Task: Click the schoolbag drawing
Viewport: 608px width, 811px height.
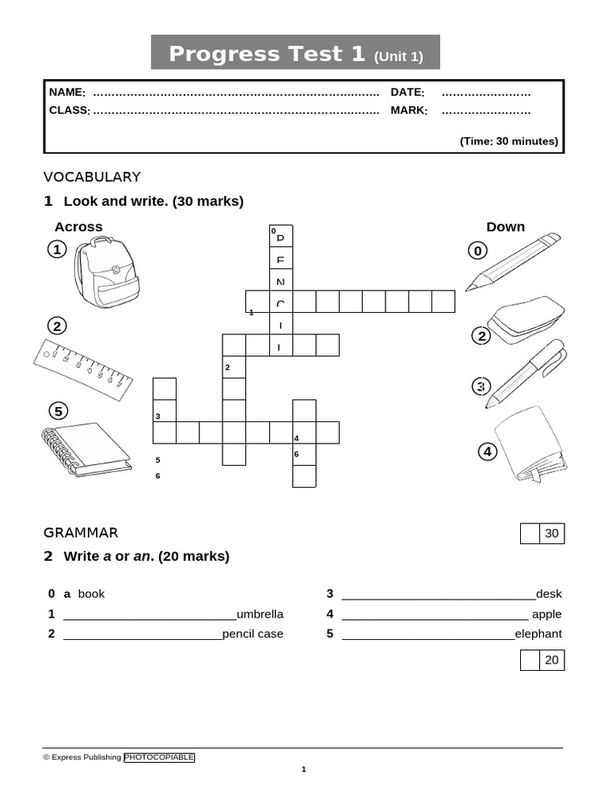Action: pos(106,273)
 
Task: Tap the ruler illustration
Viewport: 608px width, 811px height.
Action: pos(82,364)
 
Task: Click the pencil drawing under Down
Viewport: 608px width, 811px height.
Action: pos(512,262)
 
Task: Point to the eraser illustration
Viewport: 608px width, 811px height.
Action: pos(526,320)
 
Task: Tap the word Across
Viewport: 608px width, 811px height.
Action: pos(78,227)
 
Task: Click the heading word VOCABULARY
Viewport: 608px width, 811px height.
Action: pos(92,177)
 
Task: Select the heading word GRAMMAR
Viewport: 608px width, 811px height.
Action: pos(81,533)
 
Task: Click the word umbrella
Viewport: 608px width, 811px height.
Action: pos(260,614)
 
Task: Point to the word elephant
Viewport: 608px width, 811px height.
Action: pos(538,634)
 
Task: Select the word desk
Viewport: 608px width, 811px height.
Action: pos(549,594)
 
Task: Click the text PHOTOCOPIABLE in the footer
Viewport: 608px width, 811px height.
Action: pos(159,757)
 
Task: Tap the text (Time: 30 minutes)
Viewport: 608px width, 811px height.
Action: pos(509,141)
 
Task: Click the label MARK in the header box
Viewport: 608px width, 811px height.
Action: pos(408,110)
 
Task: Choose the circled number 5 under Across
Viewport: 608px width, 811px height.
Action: pos(58,411)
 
